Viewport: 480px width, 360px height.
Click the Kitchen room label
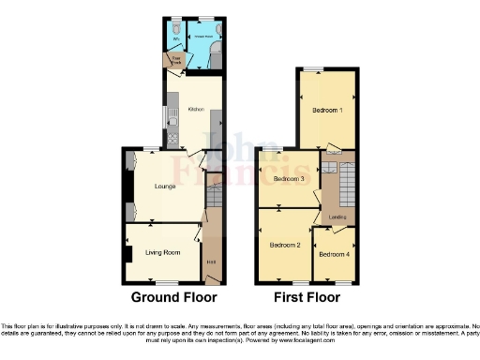[196, 110]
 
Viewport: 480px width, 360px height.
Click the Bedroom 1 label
[327, 111]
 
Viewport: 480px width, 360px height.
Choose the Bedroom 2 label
[284, 246]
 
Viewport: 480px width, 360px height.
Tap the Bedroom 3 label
[289, 178]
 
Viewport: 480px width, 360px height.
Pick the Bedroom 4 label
[334, 254]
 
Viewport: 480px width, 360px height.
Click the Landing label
[337, 217]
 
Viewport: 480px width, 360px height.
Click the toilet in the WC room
[173, 27]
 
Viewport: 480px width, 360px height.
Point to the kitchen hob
[172, 141]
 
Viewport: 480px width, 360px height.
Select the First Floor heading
[306, 297]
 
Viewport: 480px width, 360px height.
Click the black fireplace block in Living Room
[126, 252]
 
